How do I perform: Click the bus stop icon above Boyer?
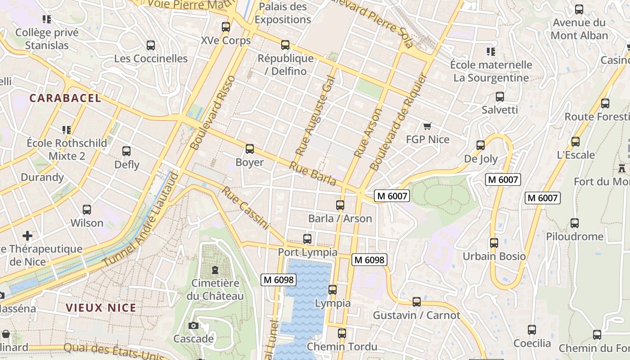coord(249,149)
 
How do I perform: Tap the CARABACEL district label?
coord(65,98)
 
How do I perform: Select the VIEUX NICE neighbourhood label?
coord(101,308)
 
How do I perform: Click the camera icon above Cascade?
coord(193,325)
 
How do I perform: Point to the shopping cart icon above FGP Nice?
coord(427,126)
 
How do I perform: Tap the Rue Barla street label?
coord(312,174)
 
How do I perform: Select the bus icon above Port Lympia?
coord(307,239)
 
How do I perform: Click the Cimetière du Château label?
coord(215,289)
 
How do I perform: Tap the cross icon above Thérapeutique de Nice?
coord(27,235)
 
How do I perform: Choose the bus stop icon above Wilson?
coord(87,210)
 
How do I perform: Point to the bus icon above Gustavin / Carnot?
coord(417,302)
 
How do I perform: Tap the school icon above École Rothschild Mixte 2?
coord(67,130)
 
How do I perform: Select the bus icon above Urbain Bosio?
coord(494,243)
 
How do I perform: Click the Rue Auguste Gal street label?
coord(316,120)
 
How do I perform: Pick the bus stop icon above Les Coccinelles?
coord(151,45)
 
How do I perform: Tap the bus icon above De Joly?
coord(481,145)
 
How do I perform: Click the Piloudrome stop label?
coord(574,236)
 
